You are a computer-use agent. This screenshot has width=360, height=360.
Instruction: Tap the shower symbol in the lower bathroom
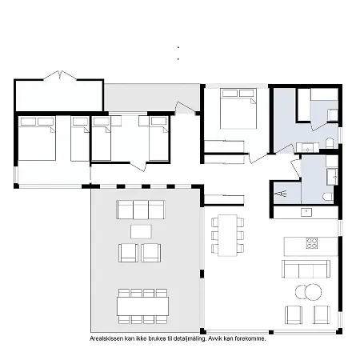(x=281, y=192)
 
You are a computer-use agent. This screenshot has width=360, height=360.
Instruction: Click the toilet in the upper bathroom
(x=330, y=143)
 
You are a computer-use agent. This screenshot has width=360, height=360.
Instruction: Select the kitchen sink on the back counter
(x=305, y=212)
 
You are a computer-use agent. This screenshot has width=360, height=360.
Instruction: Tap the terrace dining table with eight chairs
(x=142, y=305)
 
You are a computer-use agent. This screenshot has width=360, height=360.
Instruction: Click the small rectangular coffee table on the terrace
(x=141, y=231)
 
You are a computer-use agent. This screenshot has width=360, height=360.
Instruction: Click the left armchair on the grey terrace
(x=128, y=253)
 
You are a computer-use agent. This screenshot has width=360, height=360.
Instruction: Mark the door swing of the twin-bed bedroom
(x=141, y=165)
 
